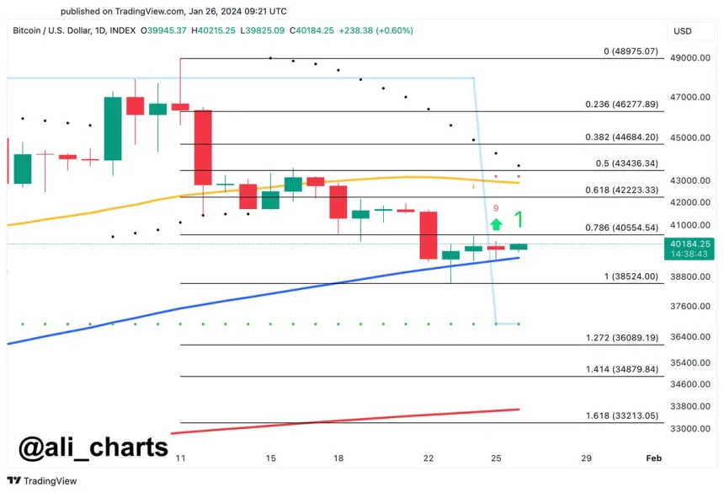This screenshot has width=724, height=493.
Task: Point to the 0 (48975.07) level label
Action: click(631, 51)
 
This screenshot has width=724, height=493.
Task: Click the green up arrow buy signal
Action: click(497, 224)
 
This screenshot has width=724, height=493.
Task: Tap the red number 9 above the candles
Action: click(497, 208)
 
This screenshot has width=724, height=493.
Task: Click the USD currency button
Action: click(683, 31)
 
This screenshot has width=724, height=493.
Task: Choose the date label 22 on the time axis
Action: click(429, 458)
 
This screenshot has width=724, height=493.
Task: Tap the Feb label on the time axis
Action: click(653, 458)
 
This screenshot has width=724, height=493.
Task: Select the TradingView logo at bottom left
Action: click(43, 480)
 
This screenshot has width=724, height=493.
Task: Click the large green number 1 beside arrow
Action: click(519, 221)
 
